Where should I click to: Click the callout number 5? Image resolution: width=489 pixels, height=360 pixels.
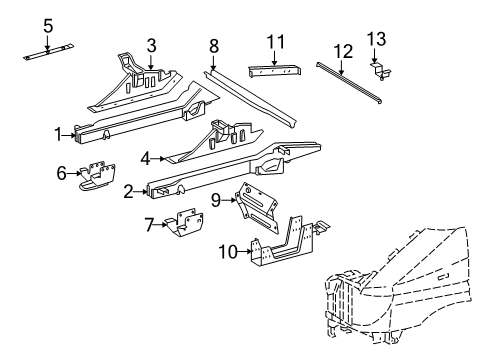49,24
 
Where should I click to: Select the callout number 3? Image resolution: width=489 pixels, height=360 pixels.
151,45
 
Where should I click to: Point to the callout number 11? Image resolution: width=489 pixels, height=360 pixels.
276,41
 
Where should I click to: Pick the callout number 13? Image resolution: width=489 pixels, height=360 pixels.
376,38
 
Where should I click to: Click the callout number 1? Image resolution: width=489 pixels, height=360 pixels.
59,131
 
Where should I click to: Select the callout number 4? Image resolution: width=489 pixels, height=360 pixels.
146,157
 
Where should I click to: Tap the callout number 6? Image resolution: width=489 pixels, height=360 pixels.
61,173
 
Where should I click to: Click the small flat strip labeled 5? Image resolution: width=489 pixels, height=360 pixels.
49,53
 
